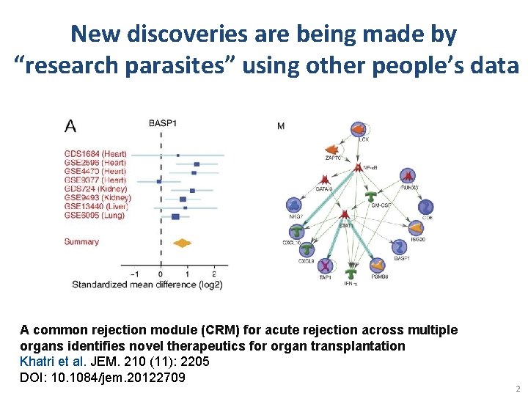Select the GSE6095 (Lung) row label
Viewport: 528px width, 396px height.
coord(95,216)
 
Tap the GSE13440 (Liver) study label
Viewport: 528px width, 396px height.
coord(96,207)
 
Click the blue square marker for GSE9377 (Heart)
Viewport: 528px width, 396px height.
coord(159,180)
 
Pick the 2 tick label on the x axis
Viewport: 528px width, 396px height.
coord(213,274)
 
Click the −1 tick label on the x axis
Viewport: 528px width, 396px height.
coord(134,274)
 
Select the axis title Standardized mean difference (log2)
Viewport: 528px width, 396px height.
coord(147,284)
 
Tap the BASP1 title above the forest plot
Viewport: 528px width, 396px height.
coord(162,123)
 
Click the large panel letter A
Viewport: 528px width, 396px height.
coord(70,126)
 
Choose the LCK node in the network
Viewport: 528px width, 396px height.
coord(359,130)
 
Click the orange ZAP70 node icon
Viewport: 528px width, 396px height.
coord(329,149)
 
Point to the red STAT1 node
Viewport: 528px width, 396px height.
coord(345,214)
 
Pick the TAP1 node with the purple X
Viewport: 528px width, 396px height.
coord(325,265)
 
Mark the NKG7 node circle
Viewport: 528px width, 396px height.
coord(294,205)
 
